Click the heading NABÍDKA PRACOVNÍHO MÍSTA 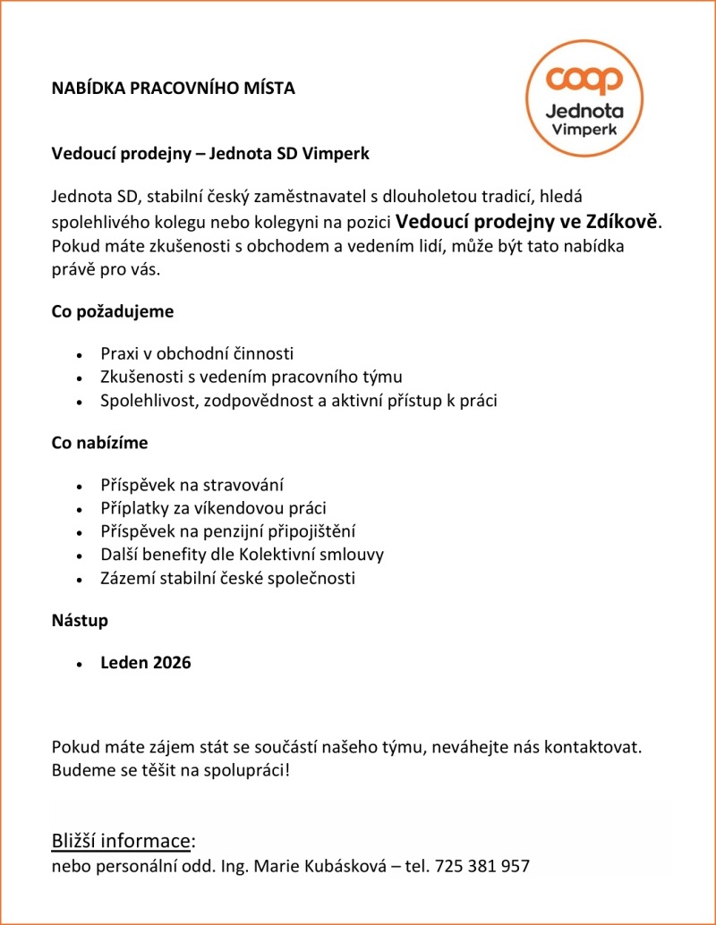[x=173, y=89]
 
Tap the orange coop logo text [x=586, y=80]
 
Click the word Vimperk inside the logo [x=586, y=130]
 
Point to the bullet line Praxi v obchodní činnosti [x=197, y=353]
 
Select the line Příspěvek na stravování [x=192, y=485]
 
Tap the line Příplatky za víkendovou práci [x=213, y=508]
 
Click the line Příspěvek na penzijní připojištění [x=228, y=531]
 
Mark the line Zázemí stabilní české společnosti [x=227, y=578]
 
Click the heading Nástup [x=80, y=620]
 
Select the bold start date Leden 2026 [x=145, y=663]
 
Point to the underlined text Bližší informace [x=121, y=841]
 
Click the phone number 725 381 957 [x=482, y=866]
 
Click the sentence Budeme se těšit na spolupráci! [x=171, y=768]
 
